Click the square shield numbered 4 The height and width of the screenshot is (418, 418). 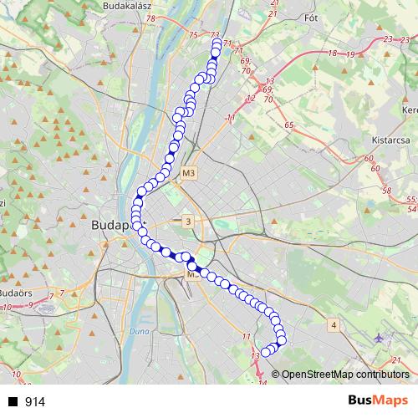click(x=334, y=324)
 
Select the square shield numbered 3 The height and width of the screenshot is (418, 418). click(x=189, y=221)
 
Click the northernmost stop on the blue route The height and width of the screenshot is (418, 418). click(x=216, y=44)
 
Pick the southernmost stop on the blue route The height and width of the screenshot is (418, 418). click(x=266, y=352)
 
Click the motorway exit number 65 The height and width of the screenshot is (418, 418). click(x=289, y=125)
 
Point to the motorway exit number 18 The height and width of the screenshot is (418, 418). click(x=333, y=53)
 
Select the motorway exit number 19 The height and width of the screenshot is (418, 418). click(x=349, y=54)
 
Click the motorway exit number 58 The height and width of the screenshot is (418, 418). click(x=386, y=191)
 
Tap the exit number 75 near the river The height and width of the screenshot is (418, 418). click(x=194, y=34)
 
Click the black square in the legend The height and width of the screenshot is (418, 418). click(x=13, y=402)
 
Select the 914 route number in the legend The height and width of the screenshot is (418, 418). click(x=35, y=402)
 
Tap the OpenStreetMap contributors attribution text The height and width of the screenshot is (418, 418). click(x=345, y=375)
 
